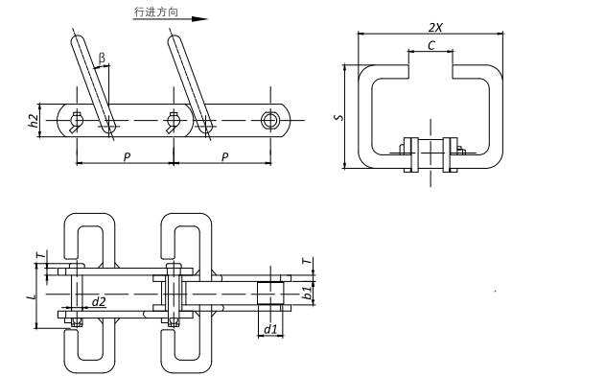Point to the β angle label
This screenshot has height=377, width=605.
pos(103,58)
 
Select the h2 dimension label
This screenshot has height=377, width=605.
pos(34,120)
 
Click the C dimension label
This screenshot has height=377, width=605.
pos(432,44)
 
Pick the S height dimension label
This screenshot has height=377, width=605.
pos(337,118)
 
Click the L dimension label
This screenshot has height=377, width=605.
pos(34,296)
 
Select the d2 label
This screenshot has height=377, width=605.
pos(98,302)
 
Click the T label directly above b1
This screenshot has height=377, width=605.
pos(306,261)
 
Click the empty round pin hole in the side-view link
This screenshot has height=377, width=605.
pos(271,120)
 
